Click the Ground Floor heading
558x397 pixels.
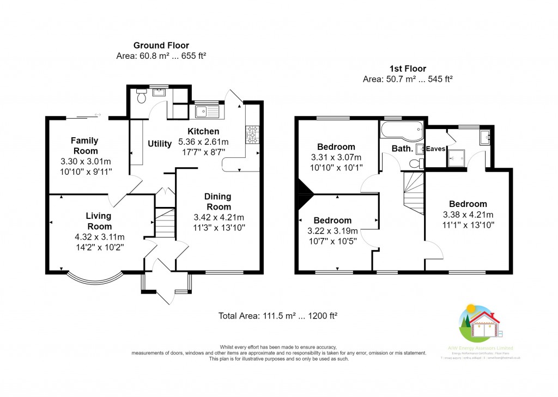161,46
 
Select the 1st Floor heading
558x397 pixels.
408,69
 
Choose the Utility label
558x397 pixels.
160,144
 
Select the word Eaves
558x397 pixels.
436,148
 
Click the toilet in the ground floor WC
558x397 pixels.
142,97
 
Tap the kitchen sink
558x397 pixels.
206,112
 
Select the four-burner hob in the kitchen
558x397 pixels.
253,135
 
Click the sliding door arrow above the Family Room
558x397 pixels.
98,114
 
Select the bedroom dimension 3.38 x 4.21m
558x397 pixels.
468,214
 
